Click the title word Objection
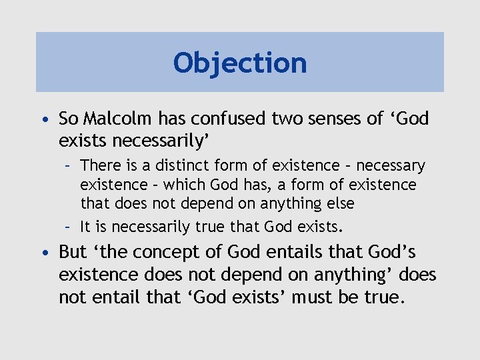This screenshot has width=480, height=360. click(x=240, y=63)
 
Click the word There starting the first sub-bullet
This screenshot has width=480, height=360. click(x=99, y=165)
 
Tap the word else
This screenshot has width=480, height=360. click(x=339, y=203)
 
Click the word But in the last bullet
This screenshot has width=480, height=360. click(x=73, y=252)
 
